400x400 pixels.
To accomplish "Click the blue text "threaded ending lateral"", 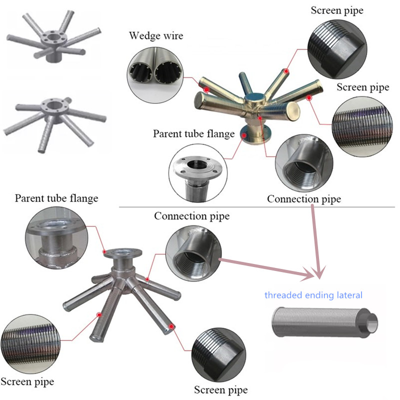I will point(313,295).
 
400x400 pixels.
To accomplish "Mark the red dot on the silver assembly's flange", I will point(104,252).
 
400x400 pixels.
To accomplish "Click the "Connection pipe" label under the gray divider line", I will point(191,216).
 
